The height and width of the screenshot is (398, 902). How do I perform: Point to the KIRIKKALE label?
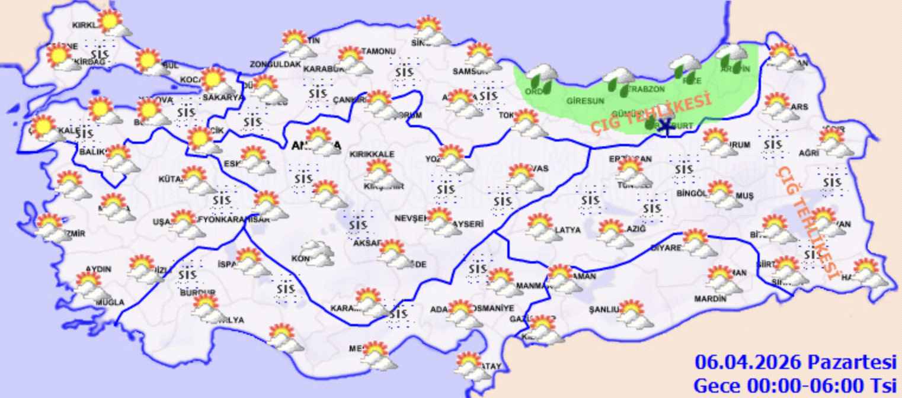click(x=372, y=154)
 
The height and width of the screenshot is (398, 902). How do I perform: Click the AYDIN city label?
click(x=98, y=269)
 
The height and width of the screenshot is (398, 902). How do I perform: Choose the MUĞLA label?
click(x=111, y=302)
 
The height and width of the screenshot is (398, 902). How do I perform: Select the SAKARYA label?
click(x=223, y=98)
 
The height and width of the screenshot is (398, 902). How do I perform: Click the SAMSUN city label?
click(x=465, y=71)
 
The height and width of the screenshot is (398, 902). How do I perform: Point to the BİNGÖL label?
click(x=692, y=193)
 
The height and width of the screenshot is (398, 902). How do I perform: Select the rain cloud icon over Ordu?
click(x=542, y=77)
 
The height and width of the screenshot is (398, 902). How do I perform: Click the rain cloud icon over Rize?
click(x=685, y=66)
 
